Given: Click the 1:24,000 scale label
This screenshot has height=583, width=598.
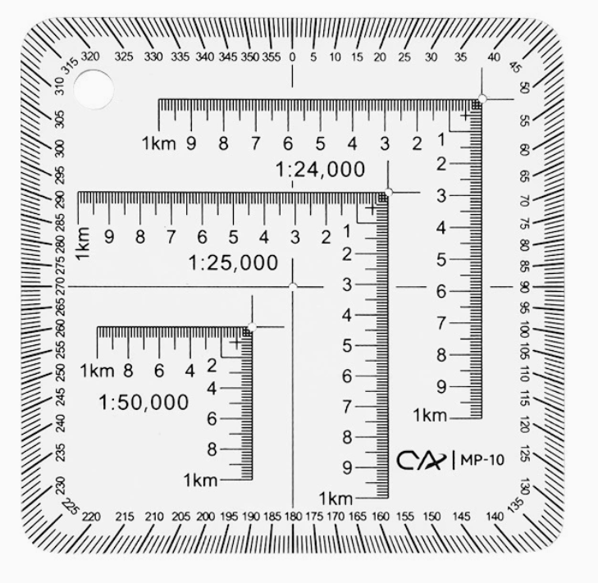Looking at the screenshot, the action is (320, 170).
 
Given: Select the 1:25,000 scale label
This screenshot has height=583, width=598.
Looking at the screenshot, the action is (234, 263).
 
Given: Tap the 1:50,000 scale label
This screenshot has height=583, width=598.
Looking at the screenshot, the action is (144, 403).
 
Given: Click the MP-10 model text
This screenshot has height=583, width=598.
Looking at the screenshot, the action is (482, 460).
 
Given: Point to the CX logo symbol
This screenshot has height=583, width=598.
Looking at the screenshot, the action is (421, 461).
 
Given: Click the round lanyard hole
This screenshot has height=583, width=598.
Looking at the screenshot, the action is (94, 89).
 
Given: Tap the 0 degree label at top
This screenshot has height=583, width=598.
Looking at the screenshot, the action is (292, 57).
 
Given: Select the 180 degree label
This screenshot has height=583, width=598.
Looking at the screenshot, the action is (293, 517).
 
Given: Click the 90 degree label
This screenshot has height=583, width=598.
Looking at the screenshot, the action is (524, 287).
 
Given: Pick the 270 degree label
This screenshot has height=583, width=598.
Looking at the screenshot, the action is (61, 287).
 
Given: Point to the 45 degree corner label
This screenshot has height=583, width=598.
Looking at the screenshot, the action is (515, 68).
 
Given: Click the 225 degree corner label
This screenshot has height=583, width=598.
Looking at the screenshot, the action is (71, 506).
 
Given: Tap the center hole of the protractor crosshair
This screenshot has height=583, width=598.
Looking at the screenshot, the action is (293, 287).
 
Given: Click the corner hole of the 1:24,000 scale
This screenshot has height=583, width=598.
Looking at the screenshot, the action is (482, 98).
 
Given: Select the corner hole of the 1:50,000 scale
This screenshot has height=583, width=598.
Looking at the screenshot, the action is (252, 327).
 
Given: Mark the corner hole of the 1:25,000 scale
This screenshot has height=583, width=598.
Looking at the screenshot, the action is (388, 192).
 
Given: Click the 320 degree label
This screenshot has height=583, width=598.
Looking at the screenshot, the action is (90, 57).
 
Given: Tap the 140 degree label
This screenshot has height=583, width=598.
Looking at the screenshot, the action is (495, 517).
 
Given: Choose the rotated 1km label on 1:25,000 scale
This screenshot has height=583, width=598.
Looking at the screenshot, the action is (83, 244).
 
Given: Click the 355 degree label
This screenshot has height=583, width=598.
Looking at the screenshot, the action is (272, 57).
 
